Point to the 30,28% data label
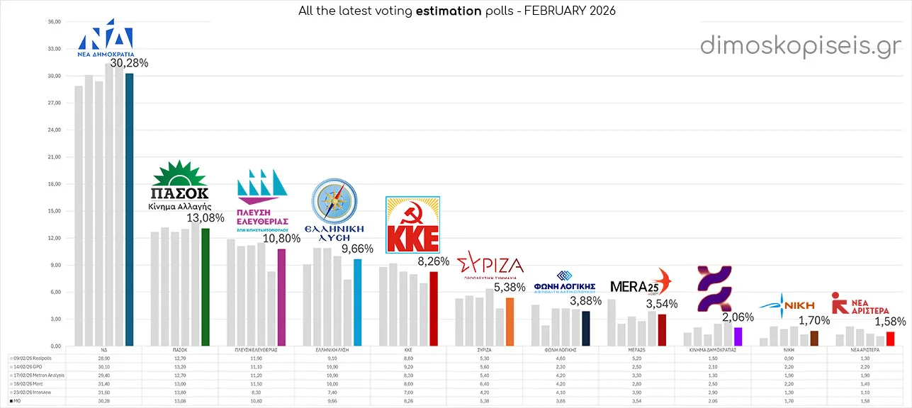[x=129, y=64]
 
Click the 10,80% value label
[x=281, y=239]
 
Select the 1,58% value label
[x=889, y=322]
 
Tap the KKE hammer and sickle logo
[x=412, y=225]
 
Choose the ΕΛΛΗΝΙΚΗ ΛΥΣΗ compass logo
[x=334, y=201]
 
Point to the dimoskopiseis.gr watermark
[x=801, y=45]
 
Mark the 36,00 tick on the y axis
[x=54, y=22]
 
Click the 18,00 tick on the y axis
[x=54, y=184]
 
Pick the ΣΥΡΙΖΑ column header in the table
[x=485, y=351]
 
